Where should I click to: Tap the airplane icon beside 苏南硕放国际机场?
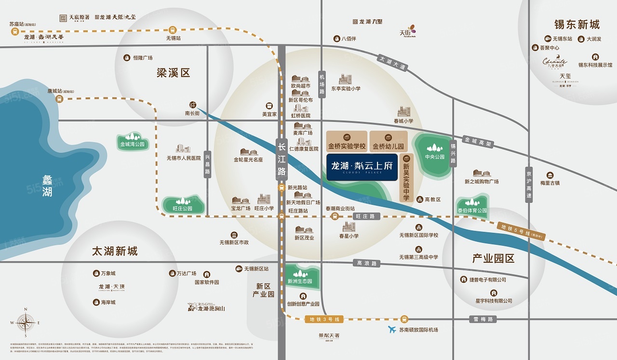[x=392, y=330]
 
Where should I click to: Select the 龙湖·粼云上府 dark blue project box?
[x=362, y=167]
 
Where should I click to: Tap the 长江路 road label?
[x=282, y=158]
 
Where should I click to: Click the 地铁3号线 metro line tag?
[x=325, y=319]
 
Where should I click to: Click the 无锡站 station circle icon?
[x=173, y=29]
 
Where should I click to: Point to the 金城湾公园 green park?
[x=133, y=142]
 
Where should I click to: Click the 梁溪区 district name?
[x=174, y=73]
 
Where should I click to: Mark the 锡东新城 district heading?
[x=577, y=25]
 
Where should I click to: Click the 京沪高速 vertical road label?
[x=529, y=185]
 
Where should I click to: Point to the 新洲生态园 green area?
[x=300, y=278]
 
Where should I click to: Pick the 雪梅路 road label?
[x=483, y=319]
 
